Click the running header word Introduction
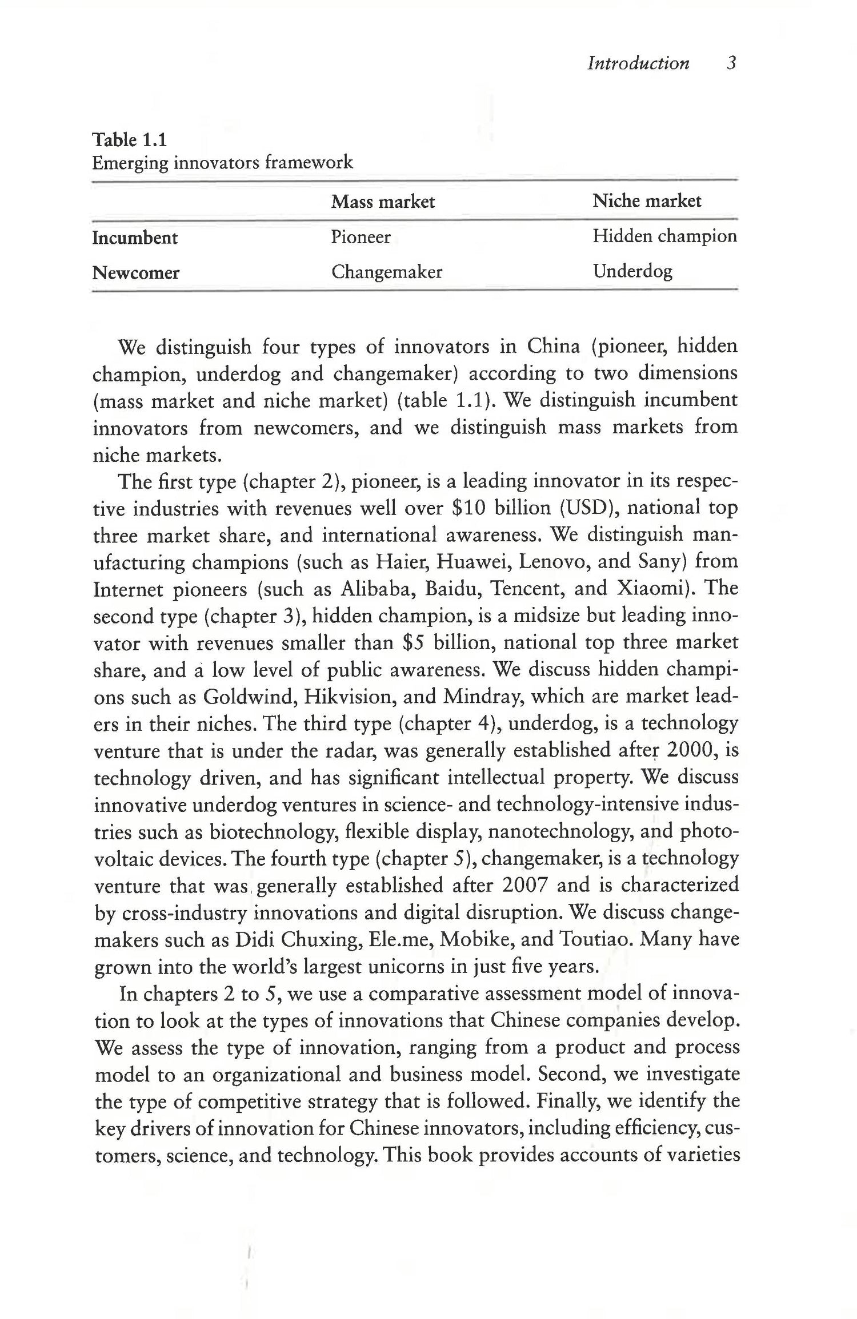pyautogui.click(x=638, y=63)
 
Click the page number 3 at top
pyautogui.click(x=731, y=63)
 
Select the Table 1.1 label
pyautogui.click(x=129, y=140)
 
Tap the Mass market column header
pyautogui.click(x=383, y=202)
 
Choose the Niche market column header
pyautogui.click(x=646, y=201)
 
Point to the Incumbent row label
pyautogui.click(x=135, y=238)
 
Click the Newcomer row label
pyautogui.click(x=136, y=273)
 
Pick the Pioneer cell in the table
pyautogui.click(x=361, y=237)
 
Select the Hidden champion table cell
pyautogui.click(x=664, y=236)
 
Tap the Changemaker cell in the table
pyautogui.click(x=387, y=272)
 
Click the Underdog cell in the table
pyautogui.click(x=632, y=271)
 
